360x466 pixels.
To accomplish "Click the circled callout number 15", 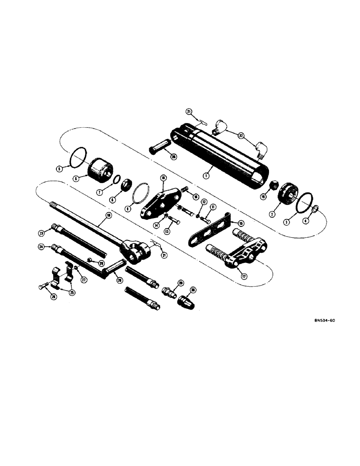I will click(x=241, y=223).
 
